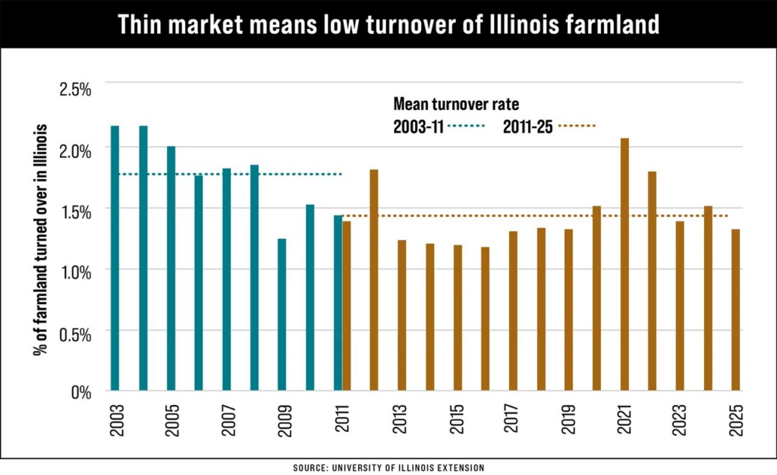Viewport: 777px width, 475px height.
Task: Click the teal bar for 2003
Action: pyautogui.click(x=115, y=258)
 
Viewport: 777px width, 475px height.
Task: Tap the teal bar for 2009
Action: pyautogui.click(x=282, y=315)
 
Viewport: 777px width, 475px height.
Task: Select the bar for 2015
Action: pyautogui.click(x=458, y=318)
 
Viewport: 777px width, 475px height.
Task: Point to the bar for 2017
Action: pyautogui.click(x=513, y=311)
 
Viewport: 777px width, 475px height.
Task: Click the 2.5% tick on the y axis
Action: pyautogui.click(x=75, y=89)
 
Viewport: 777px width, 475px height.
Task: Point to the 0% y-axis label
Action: pyautogui.click(x=80, y=392)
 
